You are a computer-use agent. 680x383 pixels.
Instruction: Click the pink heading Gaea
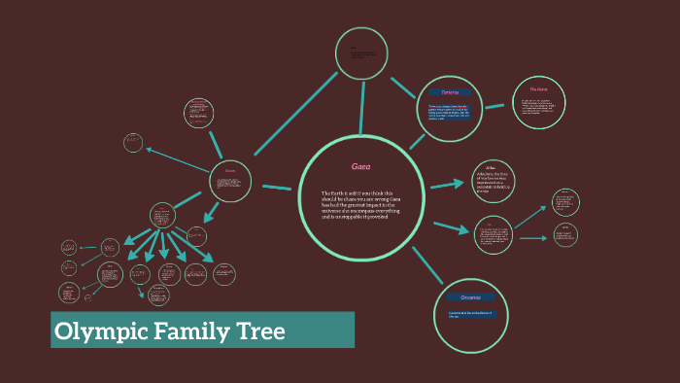[361, 167]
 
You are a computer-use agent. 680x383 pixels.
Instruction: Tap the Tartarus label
[449, 93]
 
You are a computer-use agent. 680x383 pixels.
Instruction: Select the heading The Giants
[539, 89]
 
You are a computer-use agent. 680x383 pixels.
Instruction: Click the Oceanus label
[470, 297]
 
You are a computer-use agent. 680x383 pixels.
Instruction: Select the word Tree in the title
[260, 331]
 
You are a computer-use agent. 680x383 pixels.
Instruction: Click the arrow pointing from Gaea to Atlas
[446, 182]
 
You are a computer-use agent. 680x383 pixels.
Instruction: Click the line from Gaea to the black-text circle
[361, 107]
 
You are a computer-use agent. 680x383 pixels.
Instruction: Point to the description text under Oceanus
[470, 314]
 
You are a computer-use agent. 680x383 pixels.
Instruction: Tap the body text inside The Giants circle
[539, 106]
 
